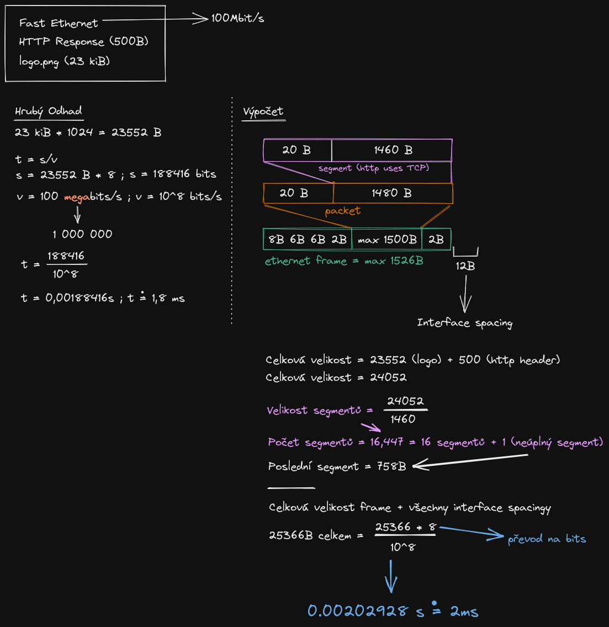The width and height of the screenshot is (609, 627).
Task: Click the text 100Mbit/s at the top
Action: pyautogui.click(x=238, y=18)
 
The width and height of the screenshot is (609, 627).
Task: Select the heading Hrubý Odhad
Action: pyautogui.click(x=49, y=111)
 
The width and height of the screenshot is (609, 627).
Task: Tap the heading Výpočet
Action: pyautogui.click(x=263, y=111)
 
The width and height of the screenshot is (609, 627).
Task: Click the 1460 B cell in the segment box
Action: pyautogui.click(x=393, y=150)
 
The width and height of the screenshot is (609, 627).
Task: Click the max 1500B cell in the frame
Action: pyautogui.click(x=387, y=240)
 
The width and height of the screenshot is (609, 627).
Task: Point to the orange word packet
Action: pyautogui.click(x=342, y=211)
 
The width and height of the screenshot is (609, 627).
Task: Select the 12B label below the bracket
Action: pyautogui.click(x=465, y=266)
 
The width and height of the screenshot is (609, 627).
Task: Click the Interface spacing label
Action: pyautogui.click(x=464, y=323)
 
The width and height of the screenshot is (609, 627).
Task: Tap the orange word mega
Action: pyautogui.click(x=77, y=197)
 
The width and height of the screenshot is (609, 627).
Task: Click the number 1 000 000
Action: pyautogui.click(x=82, y=234)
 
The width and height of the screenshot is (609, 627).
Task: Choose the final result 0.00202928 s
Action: pyautogui.click(x=366, y=611)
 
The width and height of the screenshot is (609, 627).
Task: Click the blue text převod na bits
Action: pyautogui.click(x=547, y=539)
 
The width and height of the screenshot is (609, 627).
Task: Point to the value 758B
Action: pyautogui.click(x=391, y=466)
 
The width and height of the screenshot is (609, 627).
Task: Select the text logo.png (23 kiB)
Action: pyautogui.click(x=65, y=61)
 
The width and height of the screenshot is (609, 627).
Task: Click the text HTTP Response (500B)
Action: pyautogui.click(x=83, y=42)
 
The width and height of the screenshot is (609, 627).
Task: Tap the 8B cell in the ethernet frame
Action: pyautogui.click(x=276, y=240)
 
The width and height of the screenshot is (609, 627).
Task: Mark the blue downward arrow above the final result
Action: pyautogui.click(x=391, y=577)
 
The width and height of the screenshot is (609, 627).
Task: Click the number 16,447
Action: pyautogui.click(x=386, y=443)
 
